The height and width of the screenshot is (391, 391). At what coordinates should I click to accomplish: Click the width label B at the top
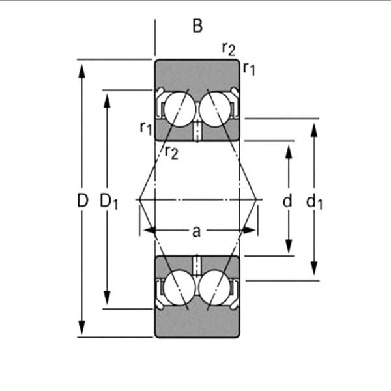197,27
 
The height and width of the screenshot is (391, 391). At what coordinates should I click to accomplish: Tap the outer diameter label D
82,201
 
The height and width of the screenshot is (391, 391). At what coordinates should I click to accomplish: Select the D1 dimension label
108,202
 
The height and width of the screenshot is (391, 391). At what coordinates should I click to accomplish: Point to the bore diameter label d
287,201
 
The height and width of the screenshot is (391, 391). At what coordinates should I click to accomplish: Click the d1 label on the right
314,202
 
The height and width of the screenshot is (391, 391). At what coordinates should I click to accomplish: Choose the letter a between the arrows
196,230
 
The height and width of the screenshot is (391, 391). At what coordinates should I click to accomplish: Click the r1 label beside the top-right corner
249,67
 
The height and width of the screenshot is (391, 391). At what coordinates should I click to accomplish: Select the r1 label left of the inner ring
146,127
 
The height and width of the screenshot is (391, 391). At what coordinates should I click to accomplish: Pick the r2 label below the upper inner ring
171,152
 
